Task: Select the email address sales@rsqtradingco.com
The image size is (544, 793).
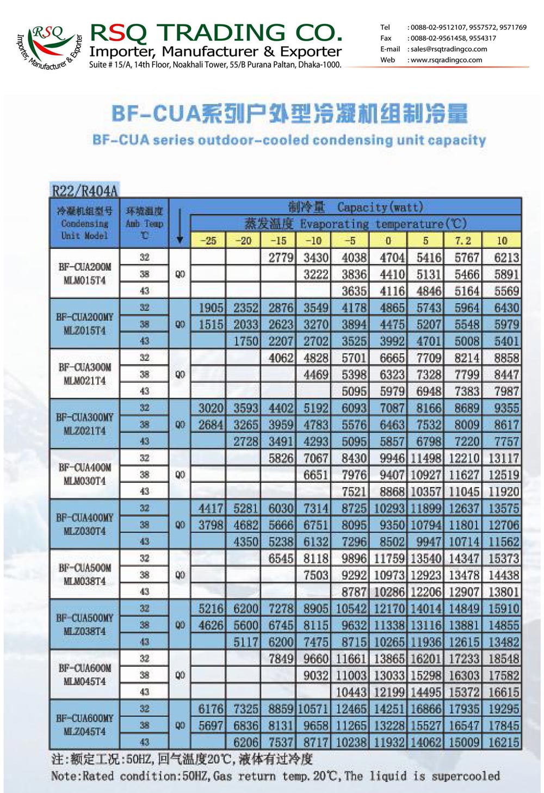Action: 449,49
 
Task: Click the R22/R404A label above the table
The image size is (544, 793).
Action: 84,190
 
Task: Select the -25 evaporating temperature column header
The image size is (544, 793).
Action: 208,240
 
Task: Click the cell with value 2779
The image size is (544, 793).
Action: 281,258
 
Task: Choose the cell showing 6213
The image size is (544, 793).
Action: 506,258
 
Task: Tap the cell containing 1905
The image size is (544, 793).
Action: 211,308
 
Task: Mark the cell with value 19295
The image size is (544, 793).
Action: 503,709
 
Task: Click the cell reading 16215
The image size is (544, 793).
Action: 503,742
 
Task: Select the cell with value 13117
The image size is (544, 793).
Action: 503,458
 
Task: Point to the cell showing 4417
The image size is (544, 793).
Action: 211,509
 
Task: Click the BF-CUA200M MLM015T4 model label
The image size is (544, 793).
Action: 85,273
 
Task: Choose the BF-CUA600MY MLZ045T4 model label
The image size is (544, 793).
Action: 85,725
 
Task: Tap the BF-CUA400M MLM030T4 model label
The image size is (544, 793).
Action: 85,474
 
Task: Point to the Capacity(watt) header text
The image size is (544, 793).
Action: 380,207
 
